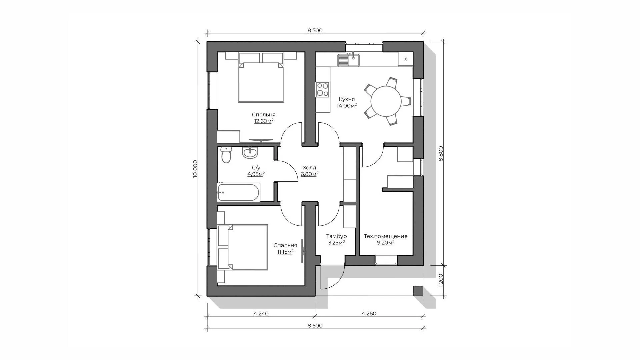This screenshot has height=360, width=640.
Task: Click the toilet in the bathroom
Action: pyautogui.click(x=226, y=155)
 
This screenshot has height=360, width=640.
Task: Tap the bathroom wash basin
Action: pyautogui.click(x=250, y=153)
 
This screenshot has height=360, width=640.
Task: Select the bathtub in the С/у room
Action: pyautogui.click(x=239, y=192)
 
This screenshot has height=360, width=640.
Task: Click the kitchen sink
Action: pyautogui.click(x=348, y=60)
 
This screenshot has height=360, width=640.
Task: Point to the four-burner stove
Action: pyautogui.click(x=322, y=89)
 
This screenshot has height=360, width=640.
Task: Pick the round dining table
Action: pyautogui.click(x=386, y=101)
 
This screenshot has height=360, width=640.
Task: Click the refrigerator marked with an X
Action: pyautogui.click(x=406, y=59)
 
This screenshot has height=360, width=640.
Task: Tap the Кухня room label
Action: pyautogui.click(x=347, y=99)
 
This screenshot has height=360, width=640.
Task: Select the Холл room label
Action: pyautogui.click(x=309, y=168)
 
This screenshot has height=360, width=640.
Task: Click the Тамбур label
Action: pyautogui.click(x=336, y=236)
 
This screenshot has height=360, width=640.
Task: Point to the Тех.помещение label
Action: pyautogui.click(x=386, y=236)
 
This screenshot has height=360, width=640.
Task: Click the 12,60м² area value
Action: pyautogui.click(x=264, y=121)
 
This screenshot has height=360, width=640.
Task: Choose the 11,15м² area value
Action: pyautogui.click(x=285, y=252)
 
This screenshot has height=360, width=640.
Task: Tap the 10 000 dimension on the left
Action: pyautogui.click(x=195, y=169)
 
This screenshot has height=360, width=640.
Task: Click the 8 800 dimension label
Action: pyautogui.click(x=441, y=154)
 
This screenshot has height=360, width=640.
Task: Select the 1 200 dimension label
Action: pyautogui.click(x=441, y=281)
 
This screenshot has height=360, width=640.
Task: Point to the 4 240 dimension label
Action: pyautogui.click(x=261, y=314)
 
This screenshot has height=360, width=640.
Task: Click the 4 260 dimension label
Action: pyautogui.click(x=369, y=314)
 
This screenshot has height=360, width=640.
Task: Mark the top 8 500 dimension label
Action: pyautogui.click(x=315, y=31)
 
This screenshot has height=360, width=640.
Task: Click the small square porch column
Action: pyautogui.click(x=418, y=291)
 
